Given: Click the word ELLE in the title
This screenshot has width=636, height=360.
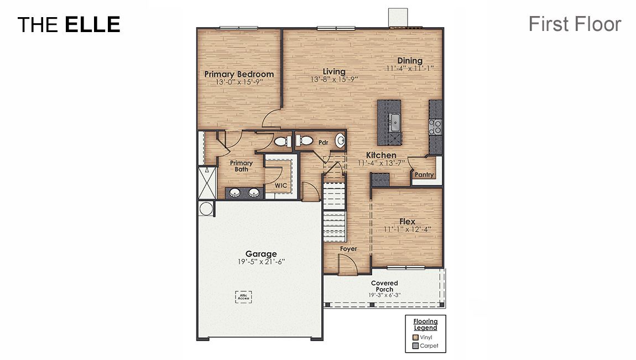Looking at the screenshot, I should [92, 24].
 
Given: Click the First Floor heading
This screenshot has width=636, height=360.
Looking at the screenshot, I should [575, 24].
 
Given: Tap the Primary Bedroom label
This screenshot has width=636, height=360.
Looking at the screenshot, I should [239, 74].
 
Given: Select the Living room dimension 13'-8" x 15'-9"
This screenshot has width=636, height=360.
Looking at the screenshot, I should [334, 80].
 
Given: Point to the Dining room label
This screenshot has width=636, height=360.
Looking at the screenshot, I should [410, 61].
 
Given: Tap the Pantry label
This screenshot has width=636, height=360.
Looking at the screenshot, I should [425, 175].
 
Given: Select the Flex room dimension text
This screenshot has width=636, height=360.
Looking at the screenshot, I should [407, 229].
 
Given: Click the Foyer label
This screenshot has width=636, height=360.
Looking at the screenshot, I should [348, 249].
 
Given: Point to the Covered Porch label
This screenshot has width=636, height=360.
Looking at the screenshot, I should [384, 286].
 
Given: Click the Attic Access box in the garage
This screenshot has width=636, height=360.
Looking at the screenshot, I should [243, 296].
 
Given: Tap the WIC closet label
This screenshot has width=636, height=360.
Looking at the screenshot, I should [281, 186].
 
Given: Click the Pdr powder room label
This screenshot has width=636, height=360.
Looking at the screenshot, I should [324, 143].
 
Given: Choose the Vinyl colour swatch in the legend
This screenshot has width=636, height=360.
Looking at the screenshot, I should [415, 337].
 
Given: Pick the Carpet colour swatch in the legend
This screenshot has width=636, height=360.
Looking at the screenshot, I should [415, 346].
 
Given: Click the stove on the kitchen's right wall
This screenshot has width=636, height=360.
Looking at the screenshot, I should [435, 128].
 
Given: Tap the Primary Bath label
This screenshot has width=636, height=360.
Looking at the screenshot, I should [241, 166].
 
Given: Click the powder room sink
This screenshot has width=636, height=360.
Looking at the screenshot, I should [340, 140].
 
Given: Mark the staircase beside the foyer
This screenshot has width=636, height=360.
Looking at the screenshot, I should [334, 207].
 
